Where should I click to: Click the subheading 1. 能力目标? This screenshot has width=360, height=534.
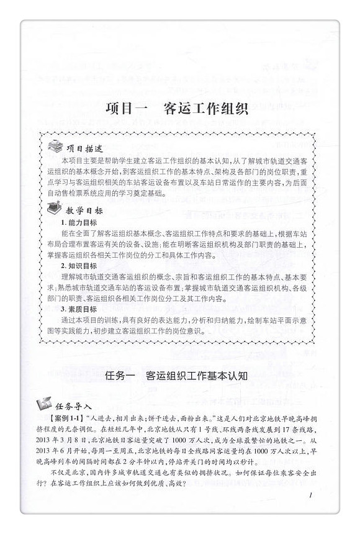(x=79, y=222)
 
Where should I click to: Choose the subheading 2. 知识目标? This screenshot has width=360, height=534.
(x=79, y=266)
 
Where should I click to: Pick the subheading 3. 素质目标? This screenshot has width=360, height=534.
(x=79, y=309)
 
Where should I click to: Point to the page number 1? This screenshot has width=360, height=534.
(x=308, y=496)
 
